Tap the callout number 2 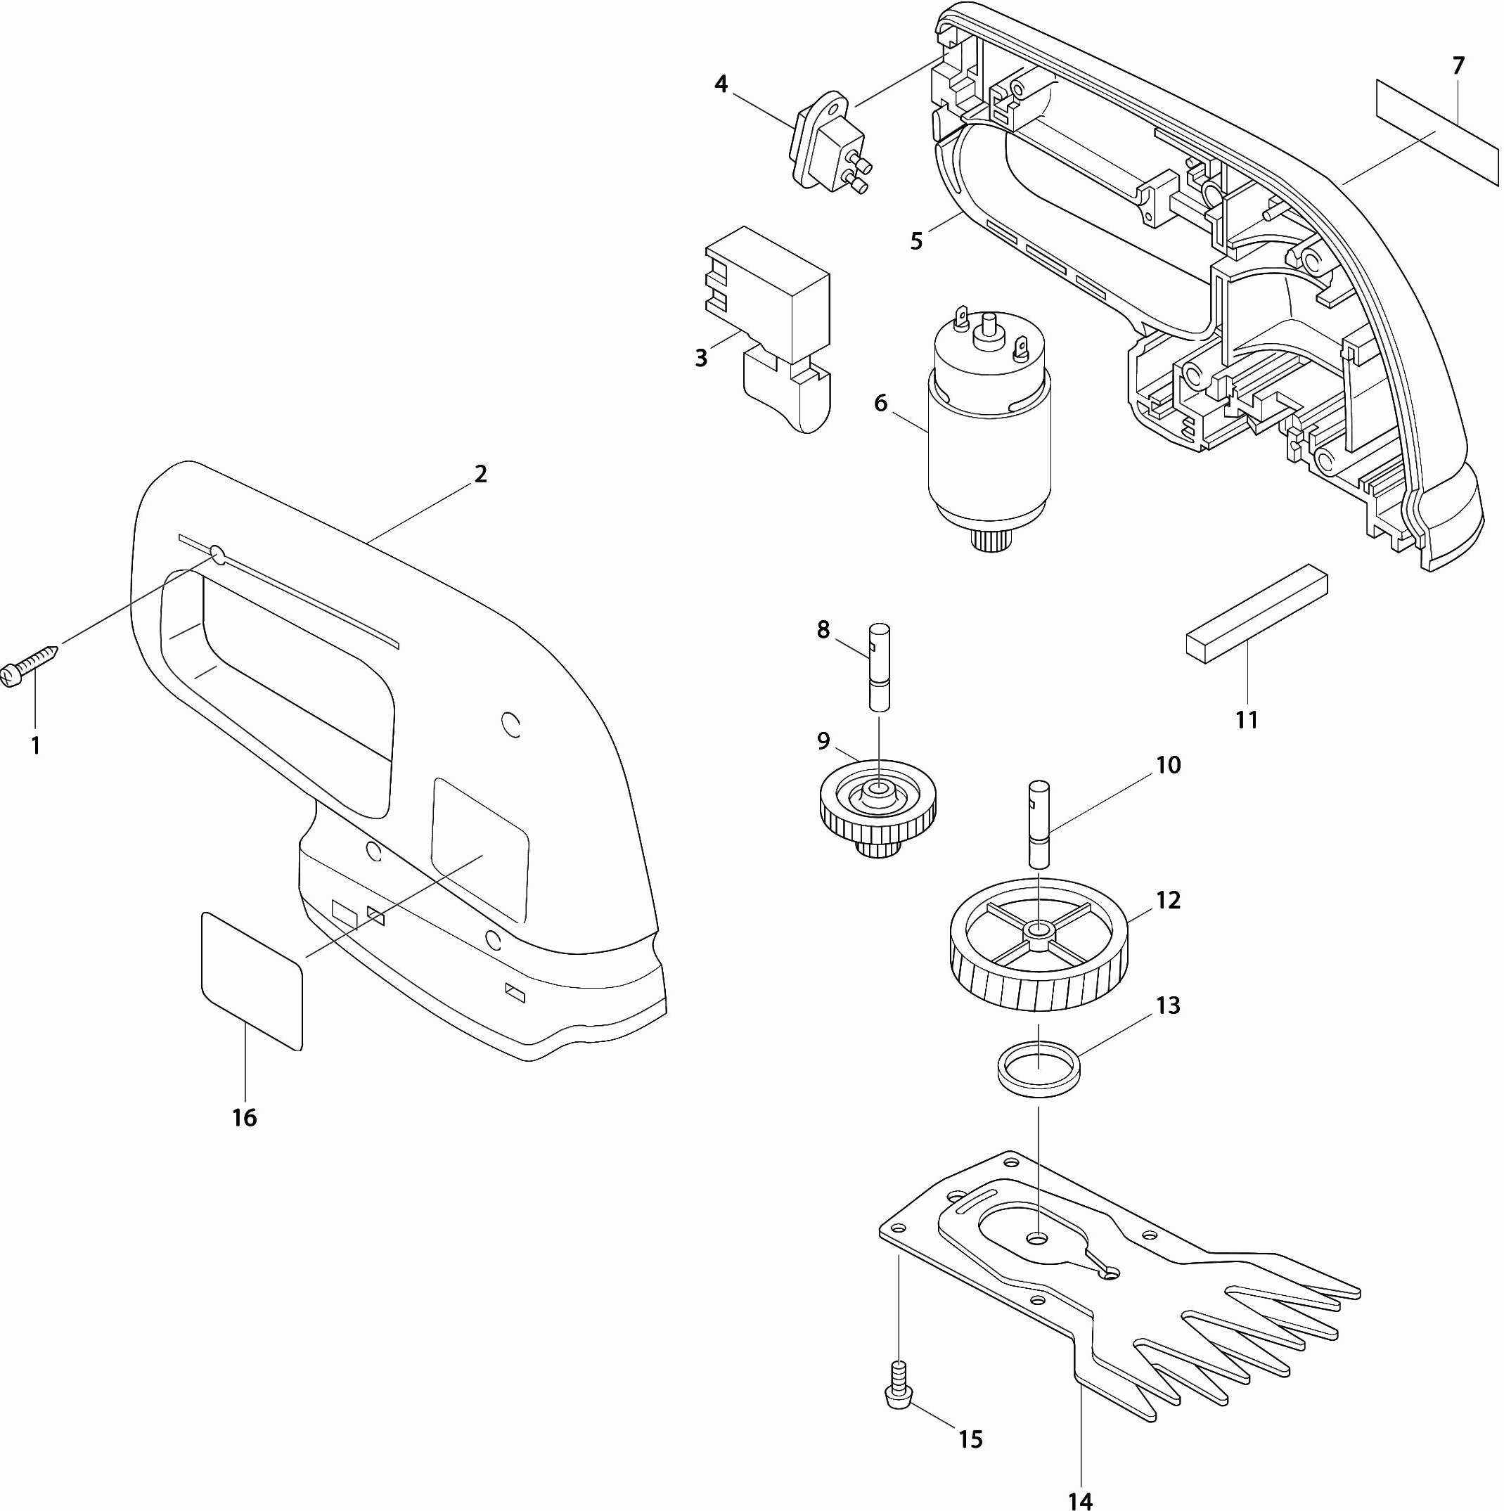(x=480, y=474)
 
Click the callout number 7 (x=1458, y=67)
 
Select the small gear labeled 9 (x=878, y=809)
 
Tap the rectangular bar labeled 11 (x=1257, y=614)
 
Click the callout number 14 (x=1080, y=1497)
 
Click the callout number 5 (x=917, y=241)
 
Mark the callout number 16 (x=244, y=1118)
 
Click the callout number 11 (x=1246, y=719)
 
